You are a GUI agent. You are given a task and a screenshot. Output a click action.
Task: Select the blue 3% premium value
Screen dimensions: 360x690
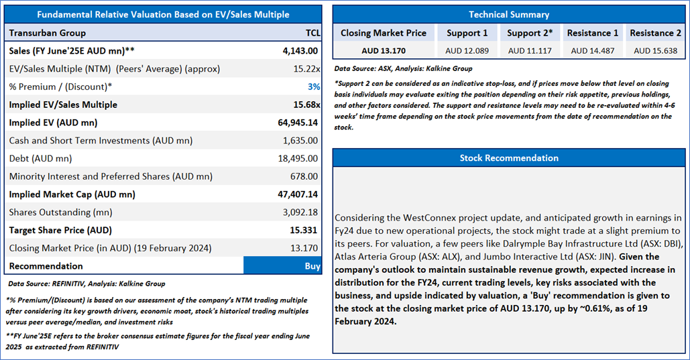(x=314, y=86)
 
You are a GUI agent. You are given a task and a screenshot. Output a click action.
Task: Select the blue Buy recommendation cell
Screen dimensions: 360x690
(x=282, y=265)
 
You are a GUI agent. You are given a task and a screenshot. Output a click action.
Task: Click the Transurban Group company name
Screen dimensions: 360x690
(x=48, y=33)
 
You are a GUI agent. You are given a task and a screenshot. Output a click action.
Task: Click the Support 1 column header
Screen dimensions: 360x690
(x=467, y=33)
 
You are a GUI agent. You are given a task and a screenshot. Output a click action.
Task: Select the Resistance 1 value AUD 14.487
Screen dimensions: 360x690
(x=592, y=50)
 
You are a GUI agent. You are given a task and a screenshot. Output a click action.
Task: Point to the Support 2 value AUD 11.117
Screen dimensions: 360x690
(x=530, y=50)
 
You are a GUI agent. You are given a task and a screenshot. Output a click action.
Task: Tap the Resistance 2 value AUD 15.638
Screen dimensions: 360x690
(x=655, y=50)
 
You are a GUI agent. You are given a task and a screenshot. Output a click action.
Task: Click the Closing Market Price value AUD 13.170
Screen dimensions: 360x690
(x=383, y=50)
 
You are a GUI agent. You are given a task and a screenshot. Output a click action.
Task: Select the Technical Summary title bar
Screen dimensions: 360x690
(x=508, y=14)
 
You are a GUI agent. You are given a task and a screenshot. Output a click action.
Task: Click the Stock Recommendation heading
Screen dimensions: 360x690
(x=508, y=158)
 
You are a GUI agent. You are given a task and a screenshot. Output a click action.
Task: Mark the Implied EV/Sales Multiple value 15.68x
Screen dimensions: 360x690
(x=304, y=105)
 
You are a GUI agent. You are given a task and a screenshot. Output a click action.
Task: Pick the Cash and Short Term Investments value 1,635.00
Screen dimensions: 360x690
(x=300, y=141)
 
